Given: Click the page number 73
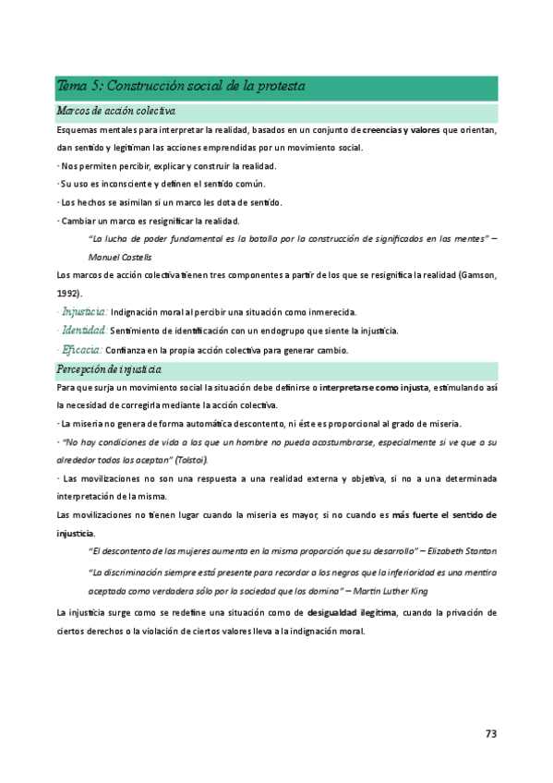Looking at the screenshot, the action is coord(491,734).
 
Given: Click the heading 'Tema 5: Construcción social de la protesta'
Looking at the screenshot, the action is coord(181,86).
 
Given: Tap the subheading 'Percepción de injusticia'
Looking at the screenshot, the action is coord(111,370).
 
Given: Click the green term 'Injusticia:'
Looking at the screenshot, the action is coord(84,311).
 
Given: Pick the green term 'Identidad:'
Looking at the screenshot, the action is coord(83,331).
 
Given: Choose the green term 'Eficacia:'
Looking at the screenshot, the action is coord(82,350).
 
